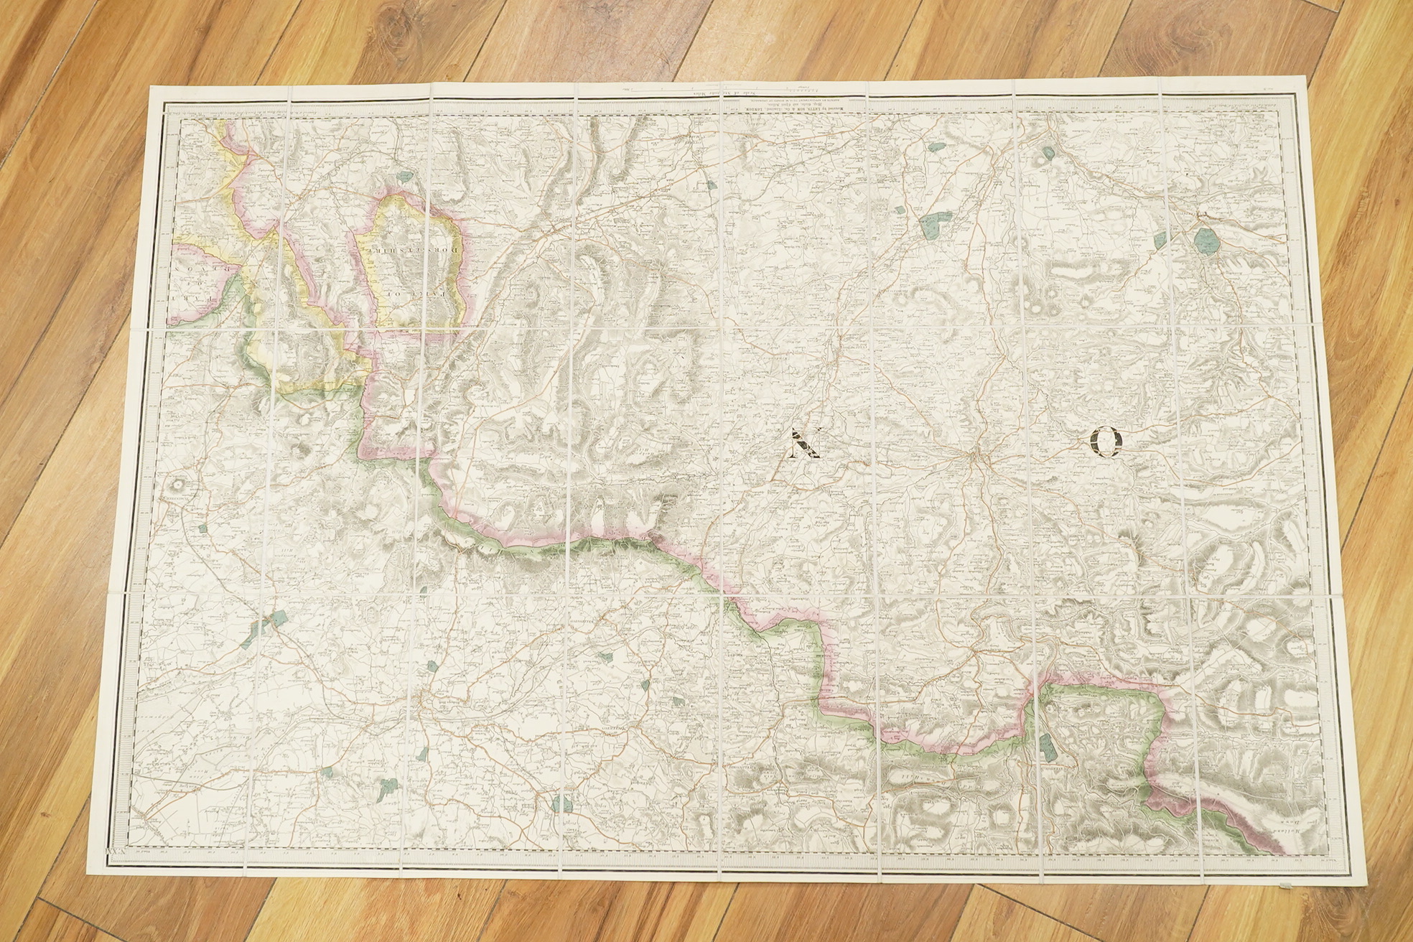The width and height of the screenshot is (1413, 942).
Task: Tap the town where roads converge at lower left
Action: tap(428, 699)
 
